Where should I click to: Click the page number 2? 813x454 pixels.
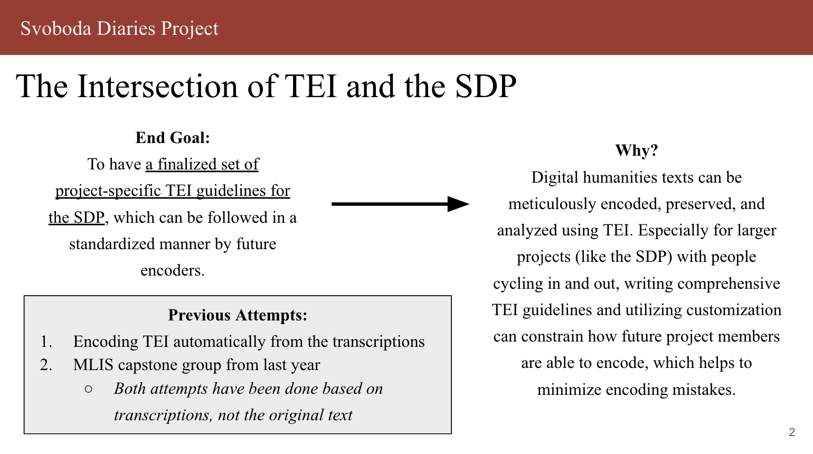792,432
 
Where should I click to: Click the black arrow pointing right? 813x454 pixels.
400,204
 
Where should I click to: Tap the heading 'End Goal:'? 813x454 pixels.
173,138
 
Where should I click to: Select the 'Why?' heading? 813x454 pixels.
637,150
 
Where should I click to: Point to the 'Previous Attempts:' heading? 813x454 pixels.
238,315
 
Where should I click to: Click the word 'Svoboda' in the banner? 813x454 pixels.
56,29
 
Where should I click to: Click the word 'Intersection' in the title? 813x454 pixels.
157,87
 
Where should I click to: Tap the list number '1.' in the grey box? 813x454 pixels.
46,342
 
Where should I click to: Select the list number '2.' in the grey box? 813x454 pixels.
46,365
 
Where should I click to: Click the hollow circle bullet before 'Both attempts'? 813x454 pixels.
88,390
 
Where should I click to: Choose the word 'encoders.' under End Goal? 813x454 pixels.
173,270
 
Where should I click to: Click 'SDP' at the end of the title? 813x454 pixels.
486,87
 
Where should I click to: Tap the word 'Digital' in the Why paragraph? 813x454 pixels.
554,178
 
